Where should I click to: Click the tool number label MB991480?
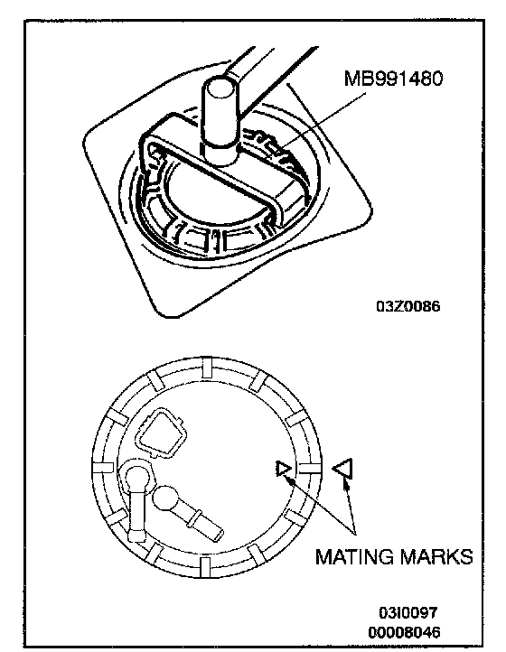[x=393, y=79]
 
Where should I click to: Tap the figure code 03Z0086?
[x=408, y=306]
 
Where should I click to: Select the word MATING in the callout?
[x=354, y=556]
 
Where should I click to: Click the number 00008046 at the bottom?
[x=404, y=632]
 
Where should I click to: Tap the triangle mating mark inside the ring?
[x=284, y=469]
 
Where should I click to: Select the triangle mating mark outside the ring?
[x=342, y=468]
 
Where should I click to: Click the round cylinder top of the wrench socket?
[x=221, y=87]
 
